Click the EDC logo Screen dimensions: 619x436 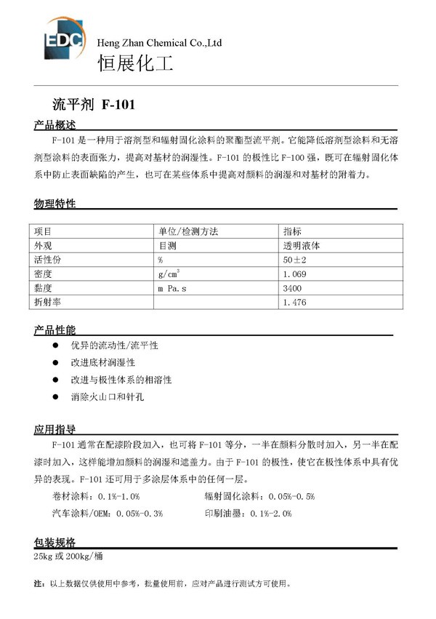(x=61, y=36)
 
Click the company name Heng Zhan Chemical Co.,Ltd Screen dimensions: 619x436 (x=160, y=44)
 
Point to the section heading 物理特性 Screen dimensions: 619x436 (x=54, y=204)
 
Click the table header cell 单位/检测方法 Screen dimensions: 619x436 (x=188, y=231)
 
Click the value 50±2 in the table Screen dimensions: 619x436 (x=296, y=260)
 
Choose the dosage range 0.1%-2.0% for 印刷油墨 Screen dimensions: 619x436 (x=270, y=513)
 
